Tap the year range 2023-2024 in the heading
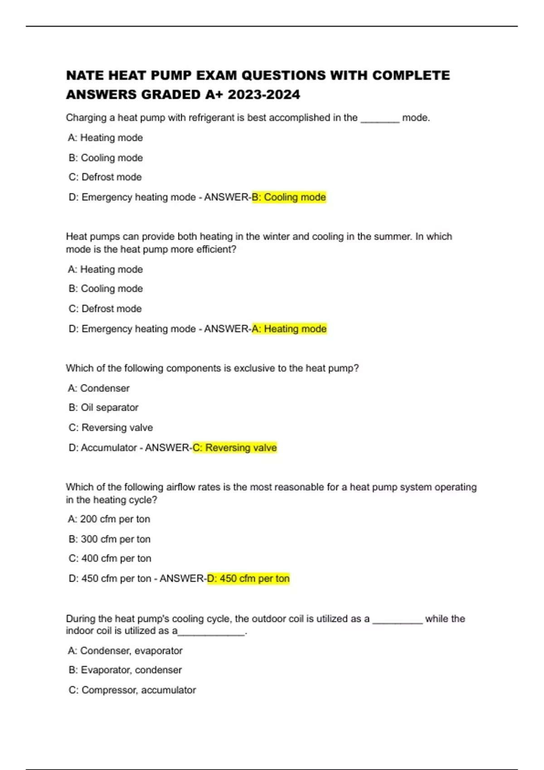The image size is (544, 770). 264,95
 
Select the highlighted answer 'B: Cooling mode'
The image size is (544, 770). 289,197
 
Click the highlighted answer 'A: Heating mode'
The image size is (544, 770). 289,329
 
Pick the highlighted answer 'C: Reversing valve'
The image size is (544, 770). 234,448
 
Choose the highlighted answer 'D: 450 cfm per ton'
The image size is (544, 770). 248,579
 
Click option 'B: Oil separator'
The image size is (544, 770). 103,408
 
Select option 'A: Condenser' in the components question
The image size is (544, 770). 98,388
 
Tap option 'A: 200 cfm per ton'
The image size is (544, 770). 109,519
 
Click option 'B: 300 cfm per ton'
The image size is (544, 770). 109,539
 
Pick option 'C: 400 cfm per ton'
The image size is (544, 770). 110,558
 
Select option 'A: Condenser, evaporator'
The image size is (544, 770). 125,651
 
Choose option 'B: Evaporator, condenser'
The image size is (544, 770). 125,670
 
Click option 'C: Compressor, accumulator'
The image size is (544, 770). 132,690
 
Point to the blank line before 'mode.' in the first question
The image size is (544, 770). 380,119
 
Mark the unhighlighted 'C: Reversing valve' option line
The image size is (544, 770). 111,428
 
